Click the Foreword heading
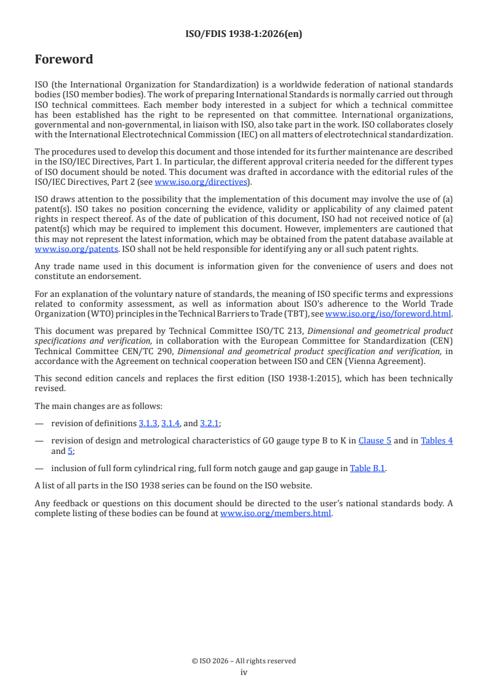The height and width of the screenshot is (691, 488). click(64, 60)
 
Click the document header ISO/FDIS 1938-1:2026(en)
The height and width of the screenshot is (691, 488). click(244, 34)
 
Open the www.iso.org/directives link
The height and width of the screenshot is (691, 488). click(201, 182)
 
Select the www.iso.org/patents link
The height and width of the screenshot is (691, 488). click(60, 249)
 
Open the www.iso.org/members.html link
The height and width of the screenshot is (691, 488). click(276, 513)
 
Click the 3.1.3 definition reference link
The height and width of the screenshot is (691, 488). click(148, 423)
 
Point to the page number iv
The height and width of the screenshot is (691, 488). click(244, 672)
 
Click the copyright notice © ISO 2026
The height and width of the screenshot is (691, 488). click(244, 661)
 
